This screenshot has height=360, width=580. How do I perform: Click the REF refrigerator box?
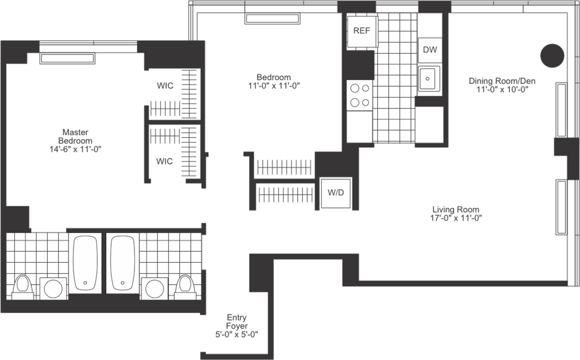pos(362,31)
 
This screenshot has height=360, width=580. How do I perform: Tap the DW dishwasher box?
pos(430,50)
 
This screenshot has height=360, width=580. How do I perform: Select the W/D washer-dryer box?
pos(336,193)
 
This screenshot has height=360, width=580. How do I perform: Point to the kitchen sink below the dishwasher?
pos(428,78)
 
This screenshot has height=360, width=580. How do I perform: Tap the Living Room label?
pos(456,210)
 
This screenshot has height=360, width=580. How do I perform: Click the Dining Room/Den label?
pos(502,81)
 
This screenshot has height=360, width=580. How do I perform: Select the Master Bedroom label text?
pos(75,136)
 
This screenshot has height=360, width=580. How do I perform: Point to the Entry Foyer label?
pos(237,322)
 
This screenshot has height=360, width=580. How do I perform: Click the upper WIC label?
pos(165,86)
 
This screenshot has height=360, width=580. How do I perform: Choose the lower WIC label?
pos(165,161)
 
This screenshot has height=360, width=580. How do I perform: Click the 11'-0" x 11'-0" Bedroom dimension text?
pos(274,85)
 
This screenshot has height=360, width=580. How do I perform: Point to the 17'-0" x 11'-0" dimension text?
pos(456,218)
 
